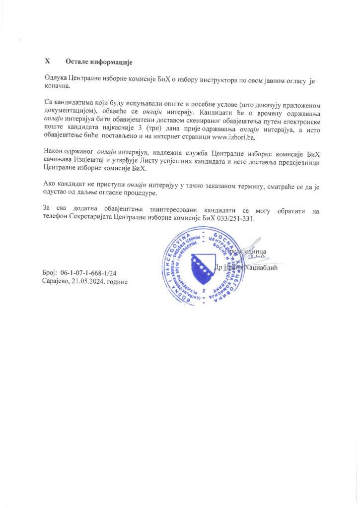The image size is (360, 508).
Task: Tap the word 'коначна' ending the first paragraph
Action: point(56,86)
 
